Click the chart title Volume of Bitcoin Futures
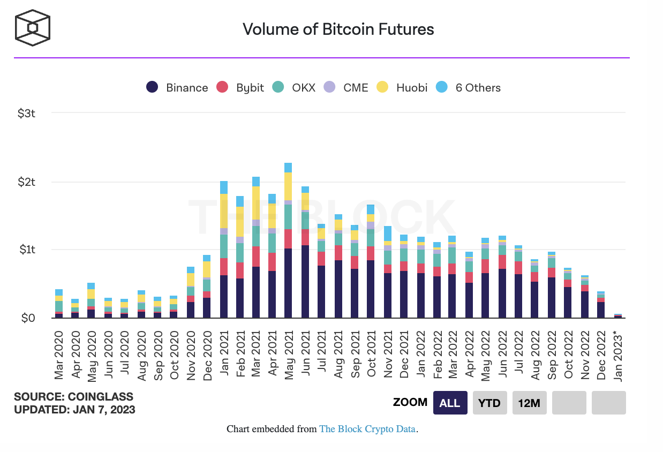click(x=338, y=29)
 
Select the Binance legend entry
click(x=177, y=88)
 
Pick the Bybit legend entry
click(x=240, y=88)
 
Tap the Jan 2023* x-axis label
click(x=619, y=357)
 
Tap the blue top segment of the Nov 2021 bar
click(x=388, y=233)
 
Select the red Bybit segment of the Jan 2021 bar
click(x=223, y=267)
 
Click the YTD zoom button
click(x=489, y=403)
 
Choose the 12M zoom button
click(x=529, y=403)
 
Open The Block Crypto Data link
click(x=367, y=429)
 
